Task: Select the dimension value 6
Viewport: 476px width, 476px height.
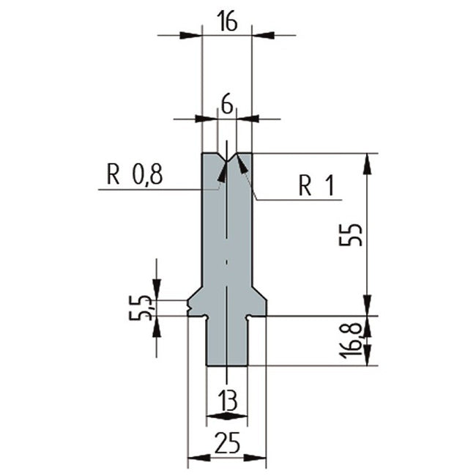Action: tap(227, 106)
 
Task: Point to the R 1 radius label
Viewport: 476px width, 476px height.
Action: tap(316, 187)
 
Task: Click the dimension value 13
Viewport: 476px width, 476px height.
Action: tap(227, 401)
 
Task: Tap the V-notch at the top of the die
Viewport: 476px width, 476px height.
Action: tap(227, 157)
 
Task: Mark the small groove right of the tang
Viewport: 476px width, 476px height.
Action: tap(249, 316)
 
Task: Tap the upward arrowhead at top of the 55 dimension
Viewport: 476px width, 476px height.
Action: tap(367, 162)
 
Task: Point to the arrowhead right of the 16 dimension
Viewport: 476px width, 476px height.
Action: tap(261, 34)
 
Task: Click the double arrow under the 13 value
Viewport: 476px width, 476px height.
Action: tap(227, 417)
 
